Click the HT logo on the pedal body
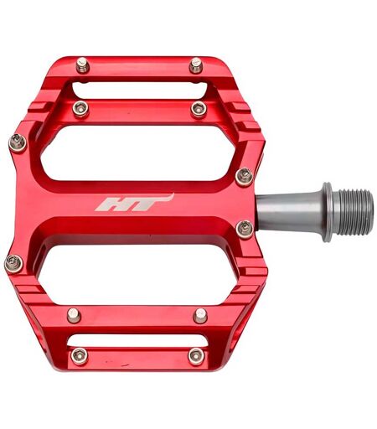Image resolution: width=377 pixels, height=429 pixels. tap(135, 202)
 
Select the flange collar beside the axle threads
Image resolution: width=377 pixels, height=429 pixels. tap(327, 212)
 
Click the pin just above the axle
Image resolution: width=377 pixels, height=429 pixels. tap(245, 177)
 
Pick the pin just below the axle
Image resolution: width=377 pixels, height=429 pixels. tap(245, 230)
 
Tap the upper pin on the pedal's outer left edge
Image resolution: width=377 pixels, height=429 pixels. tap(18, 142)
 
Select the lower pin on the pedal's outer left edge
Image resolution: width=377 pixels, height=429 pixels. tap(13, 264)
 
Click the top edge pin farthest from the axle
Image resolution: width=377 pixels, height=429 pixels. tap(82, 65)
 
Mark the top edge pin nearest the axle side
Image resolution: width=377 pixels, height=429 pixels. tap(196, 65)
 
